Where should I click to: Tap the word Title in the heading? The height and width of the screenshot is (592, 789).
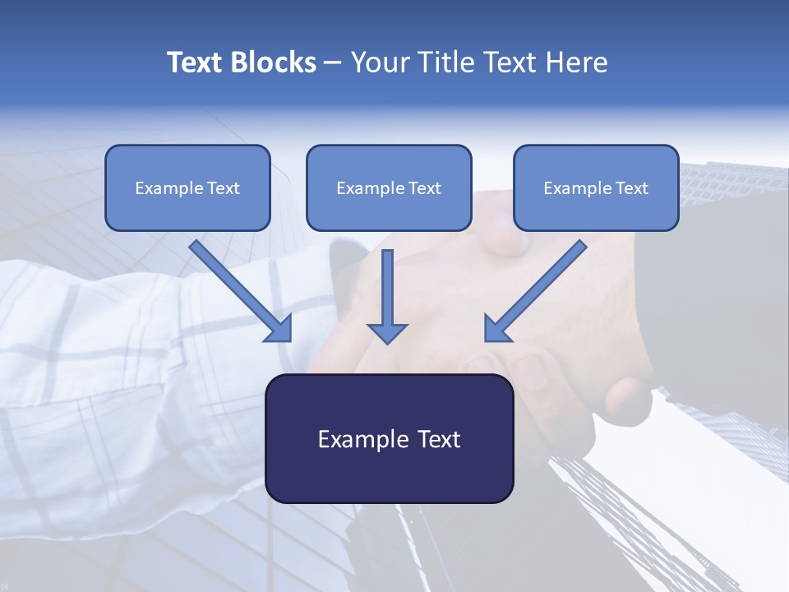448,62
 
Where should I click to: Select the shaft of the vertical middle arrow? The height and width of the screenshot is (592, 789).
387,284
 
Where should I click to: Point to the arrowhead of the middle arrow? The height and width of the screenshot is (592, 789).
387,332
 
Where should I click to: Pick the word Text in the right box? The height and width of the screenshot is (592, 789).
631,188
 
